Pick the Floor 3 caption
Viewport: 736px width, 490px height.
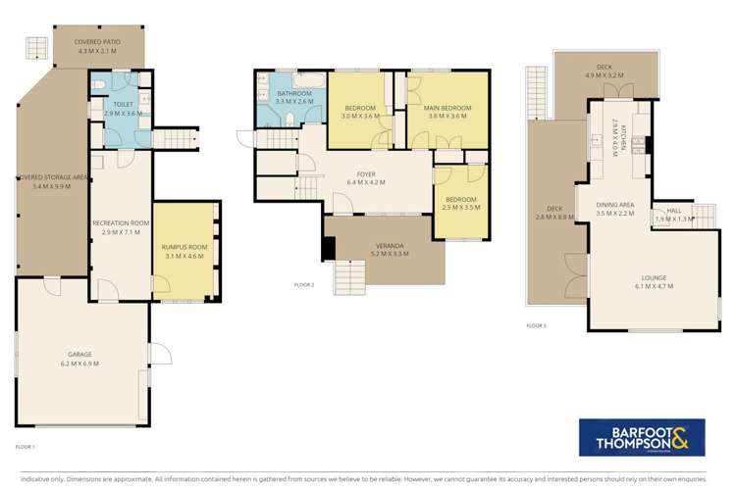tap(537, 324)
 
